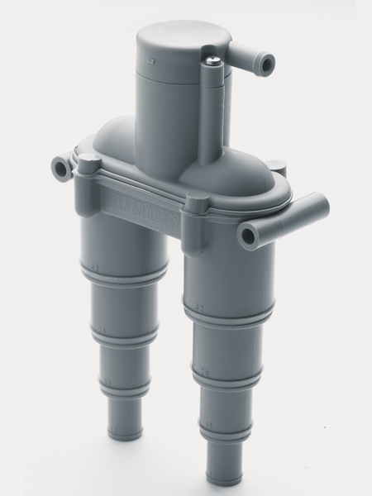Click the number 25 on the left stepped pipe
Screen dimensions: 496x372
[103, 334]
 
